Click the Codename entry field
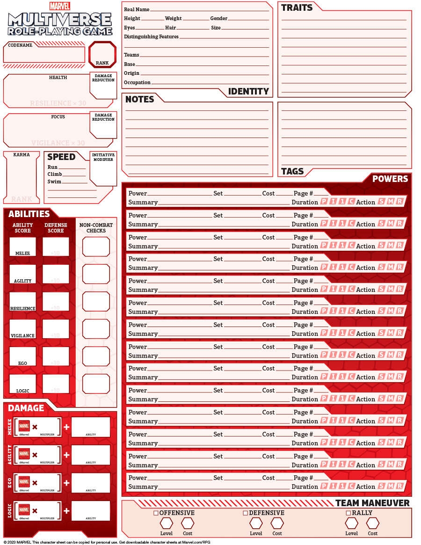(x=44, y=55)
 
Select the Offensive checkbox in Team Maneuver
(x=156, y=513)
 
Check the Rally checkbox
(x=348, y=513)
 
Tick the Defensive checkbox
(x=245, y=513)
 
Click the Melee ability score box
(x=22, y=247)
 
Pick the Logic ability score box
(x=22, y=384)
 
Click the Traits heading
(x=297, y=8)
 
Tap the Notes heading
(x=139, y=99)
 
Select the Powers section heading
(x=390, y=179)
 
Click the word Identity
(x=248, y=92)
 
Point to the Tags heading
(x=292, y=171)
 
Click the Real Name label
(x=137, y=9)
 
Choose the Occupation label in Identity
(x=137, y=83)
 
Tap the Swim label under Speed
(x=54, y=182)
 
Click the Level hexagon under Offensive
(x=167, y=523)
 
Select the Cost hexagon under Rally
(x=373, y=523)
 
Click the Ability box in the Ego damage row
(x=91, y=482)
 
